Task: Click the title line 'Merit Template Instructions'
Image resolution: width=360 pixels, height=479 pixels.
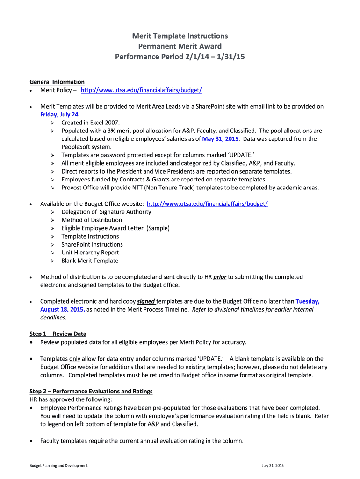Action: (x=180, y=36)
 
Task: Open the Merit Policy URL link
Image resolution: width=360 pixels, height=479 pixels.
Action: (x=141, y=90)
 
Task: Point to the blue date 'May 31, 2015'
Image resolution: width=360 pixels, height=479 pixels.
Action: (x=220, y=139)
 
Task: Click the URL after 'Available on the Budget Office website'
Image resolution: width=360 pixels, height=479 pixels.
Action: (x=207, y=204)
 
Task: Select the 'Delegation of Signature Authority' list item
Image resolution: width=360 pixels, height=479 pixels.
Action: (x=106, y=212)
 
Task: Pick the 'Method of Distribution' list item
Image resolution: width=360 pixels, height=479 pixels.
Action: (x=92, y=220)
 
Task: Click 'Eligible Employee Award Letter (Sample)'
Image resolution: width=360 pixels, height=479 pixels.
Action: (x=115, y=228)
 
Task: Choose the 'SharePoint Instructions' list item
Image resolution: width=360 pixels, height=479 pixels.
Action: (x=92, y=244)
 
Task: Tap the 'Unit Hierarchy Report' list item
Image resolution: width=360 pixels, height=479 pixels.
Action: (x=90, y=253)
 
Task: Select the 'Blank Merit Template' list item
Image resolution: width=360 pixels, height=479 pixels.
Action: (x=90, y=261)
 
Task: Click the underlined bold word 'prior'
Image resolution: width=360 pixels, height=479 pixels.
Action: (x=220, y=277)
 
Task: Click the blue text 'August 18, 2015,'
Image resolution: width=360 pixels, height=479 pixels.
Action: (x=62, y=309)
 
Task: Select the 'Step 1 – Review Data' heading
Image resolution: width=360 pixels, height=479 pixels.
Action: (x=58, y=334)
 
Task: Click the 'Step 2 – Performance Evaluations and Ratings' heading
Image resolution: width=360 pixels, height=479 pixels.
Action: (x=91, y=391)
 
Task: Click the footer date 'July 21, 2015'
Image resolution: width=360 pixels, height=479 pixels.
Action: (x=273, y=466)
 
